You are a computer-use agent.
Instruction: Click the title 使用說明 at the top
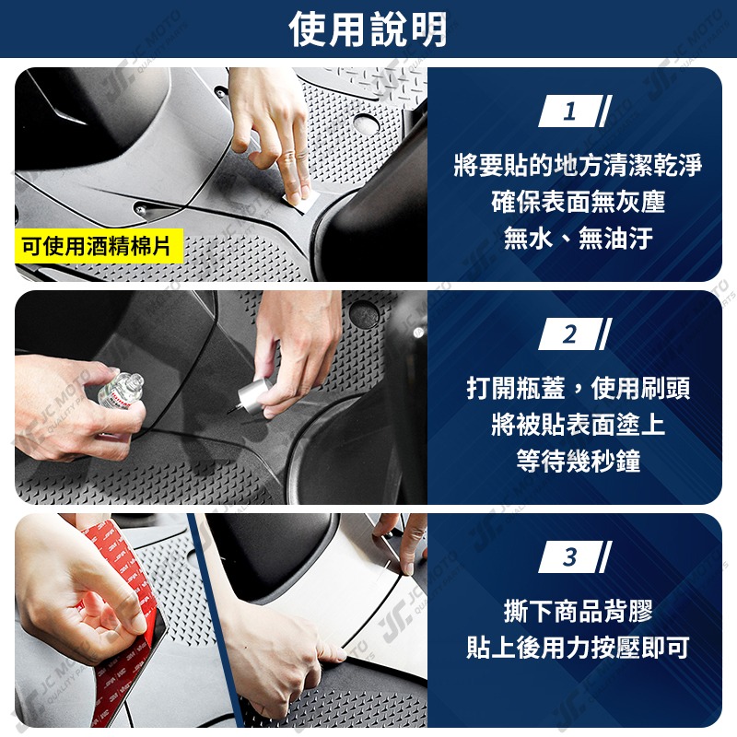tap(368, 29)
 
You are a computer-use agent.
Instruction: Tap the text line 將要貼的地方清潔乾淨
tap(578, 166)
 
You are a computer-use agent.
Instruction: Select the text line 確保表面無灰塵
tap(578, 203)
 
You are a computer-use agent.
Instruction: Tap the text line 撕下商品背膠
tap(578, 611)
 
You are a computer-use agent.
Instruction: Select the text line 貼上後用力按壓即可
tap(578, 648)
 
